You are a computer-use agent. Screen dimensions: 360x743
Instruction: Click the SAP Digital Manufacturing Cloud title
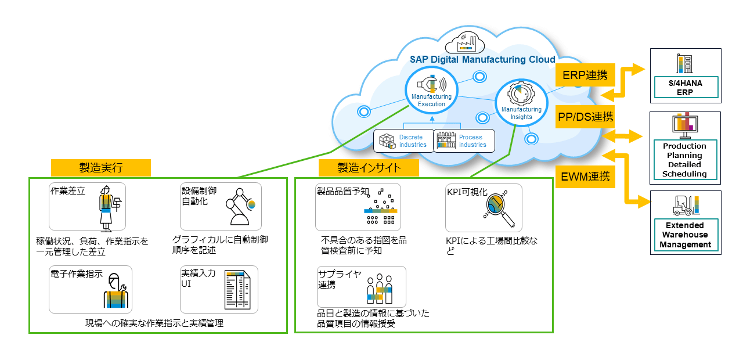pyautogui.click(x=482, y=59)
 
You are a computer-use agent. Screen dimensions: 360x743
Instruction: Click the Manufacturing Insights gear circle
pyautogui.click(x=521, y=101)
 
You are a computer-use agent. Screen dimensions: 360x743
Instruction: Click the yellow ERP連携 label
pyautogui.click(x=585, y=75)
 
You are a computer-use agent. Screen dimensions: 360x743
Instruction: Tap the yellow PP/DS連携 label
pyautogui.click(x=585, y=117)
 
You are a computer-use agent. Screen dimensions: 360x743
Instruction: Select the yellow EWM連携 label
pyautogui.click(x=585, y=176)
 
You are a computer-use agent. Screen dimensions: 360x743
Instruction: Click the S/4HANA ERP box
pyautogui.click(x=685, y=88)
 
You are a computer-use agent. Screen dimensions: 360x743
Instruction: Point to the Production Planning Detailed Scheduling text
pyautogui.click(x=684, y=160)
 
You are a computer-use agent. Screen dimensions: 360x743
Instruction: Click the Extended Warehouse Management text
pyautogui.click(x=685, y=235)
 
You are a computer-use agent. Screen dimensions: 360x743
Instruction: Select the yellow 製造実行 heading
pyautogui.click(x=101, y=168)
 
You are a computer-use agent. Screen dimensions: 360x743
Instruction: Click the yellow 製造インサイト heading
pyautogui.click(x=369, y=168)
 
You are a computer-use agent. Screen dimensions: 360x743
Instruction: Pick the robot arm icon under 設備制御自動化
pyautogui.click(x=239, y=207)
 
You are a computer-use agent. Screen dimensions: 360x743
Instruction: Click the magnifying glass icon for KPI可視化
pyautogui.click(x=499, y=208)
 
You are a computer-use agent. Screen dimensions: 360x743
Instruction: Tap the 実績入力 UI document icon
pyautogui.click(x=237, y=290)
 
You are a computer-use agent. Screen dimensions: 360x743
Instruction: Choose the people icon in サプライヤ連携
pyautogui.click(x=380, y=288)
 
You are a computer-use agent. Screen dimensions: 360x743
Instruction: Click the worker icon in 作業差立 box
pyautogui.click(x=107, y=207)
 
